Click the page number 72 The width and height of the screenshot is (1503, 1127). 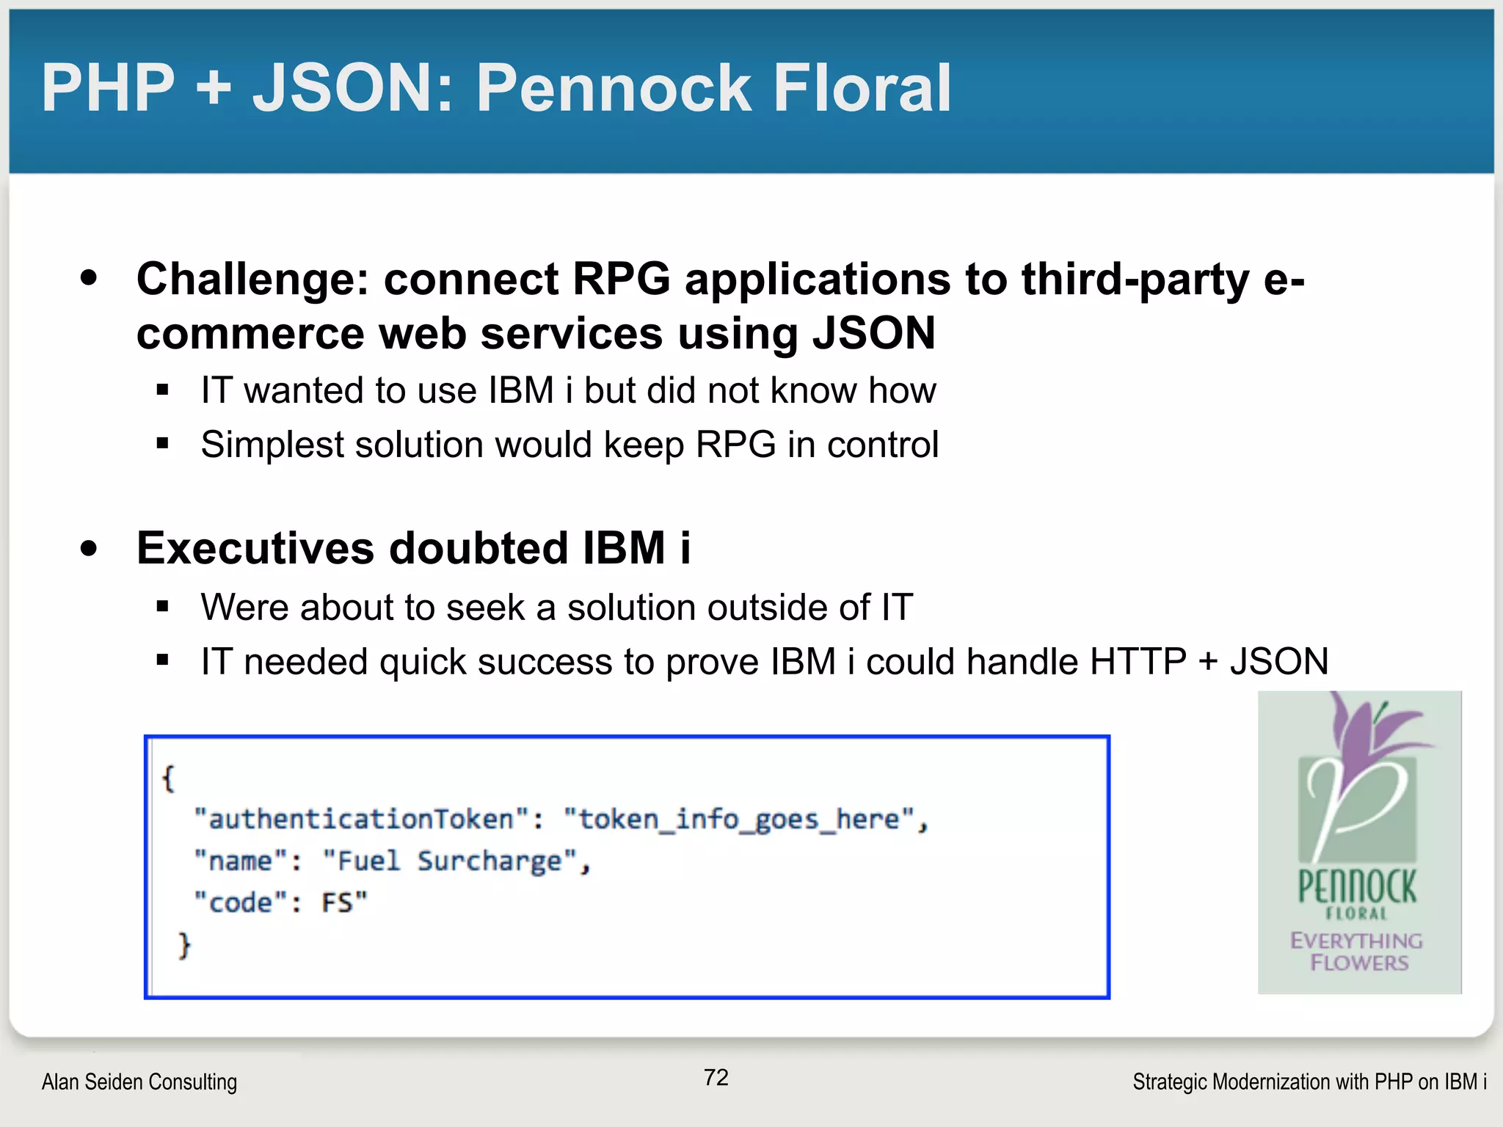point(716,1077)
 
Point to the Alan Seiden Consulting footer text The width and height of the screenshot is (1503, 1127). point(139,1082)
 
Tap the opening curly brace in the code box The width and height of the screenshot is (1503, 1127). point(169,778)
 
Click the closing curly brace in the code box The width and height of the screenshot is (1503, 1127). point(184,945)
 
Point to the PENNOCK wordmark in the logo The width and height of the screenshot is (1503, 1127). point(1357,887)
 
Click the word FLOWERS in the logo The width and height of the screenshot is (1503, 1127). point(1359,963)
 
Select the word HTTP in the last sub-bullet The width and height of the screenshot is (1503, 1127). point(1138,662)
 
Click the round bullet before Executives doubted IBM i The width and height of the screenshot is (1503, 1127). point(90,549)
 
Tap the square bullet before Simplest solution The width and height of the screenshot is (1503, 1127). point(163,444)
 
